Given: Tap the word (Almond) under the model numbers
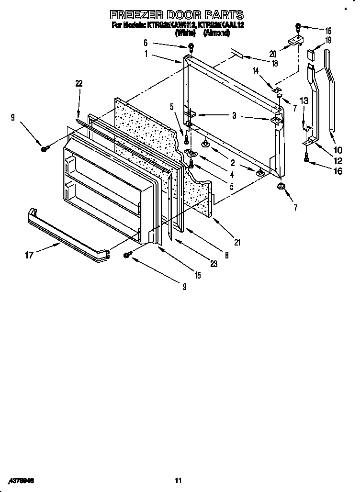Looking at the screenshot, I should tap(216, 33).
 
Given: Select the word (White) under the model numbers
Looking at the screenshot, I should tap(185, 33).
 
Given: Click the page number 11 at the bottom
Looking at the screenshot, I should tap(179, 480).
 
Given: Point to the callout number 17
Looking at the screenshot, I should tap(29, 255).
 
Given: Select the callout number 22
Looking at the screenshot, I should tap(79, 83).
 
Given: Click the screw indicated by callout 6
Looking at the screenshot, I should tap(191, 47).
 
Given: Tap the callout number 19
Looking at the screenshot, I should tap(328, 40).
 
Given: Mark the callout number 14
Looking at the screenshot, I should tap(256, 70).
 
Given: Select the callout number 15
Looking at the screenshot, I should tap(197, 275).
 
